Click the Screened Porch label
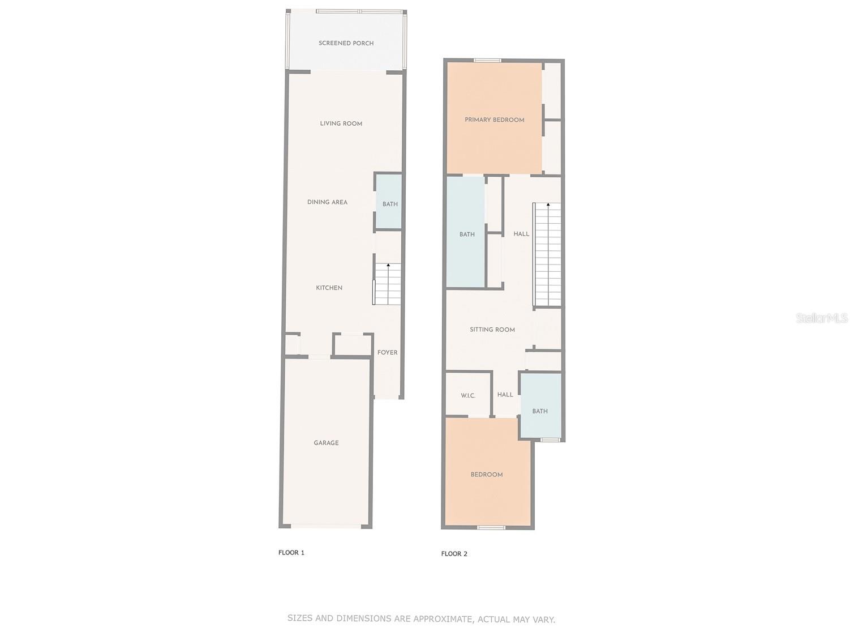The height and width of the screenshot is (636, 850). tap(346, 43)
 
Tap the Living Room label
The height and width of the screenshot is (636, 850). tap(341, 123)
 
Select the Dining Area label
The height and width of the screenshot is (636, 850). tap(327, 202)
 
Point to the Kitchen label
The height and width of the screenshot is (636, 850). tap(329, 288)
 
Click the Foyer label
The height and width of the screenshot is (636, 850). tap(387, 352)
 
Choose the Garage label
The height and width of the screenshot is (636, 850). tap(326, 443)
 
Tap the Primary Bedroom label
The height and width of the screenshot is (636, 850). tap(494, 119)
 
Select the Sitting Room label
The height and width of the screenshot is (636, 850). tap(492, 330)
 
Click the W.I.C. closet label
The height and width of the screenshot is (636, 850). tap(467, 395)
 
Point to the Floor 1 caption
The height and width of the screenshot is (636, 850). tap(291, 553)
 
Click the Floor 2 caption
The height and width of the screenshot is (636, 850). tap(454, 554)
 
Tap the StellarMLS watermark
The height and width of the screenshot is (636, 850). tap(822, 318)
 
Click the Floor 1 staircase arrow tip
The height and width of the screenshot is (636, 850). tap(388, 264)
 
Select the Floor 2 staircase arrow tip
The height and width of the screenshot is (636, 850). tap(548, 204)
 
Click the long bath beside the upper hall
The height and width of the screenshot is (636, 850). tap(466, 233)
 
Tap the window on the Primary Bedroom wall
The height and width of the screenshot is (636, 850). tap(487, 61)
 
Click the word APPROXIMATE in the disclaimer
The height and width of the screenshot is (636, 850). tap(443, 619)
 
